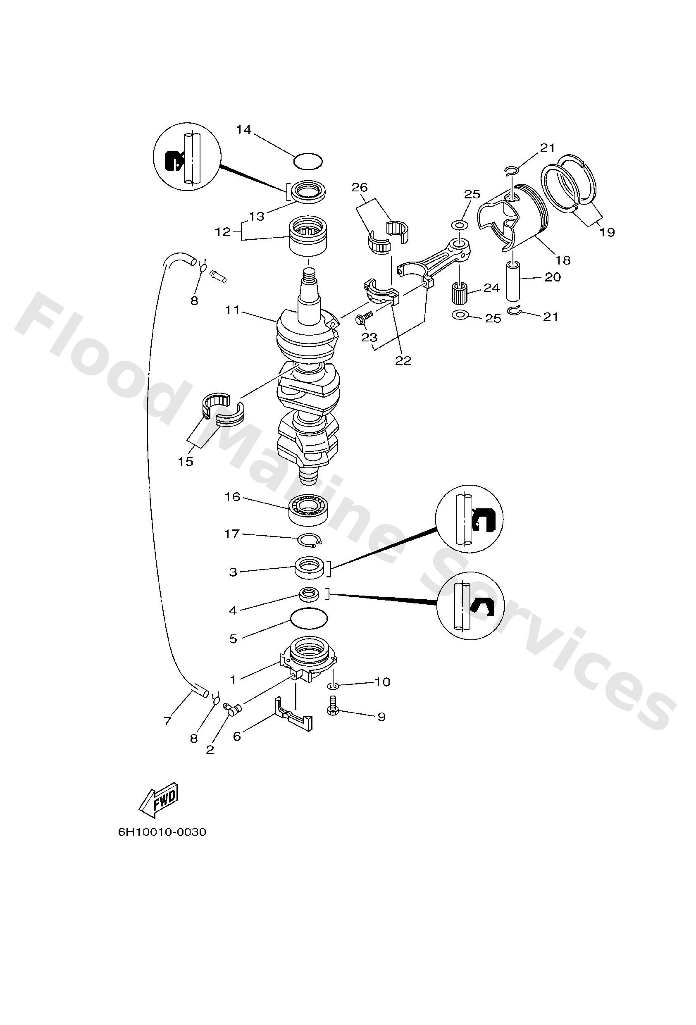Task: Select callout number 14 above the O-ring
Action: click(243, 130)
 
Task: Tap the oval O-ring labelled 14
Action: click(308, 161)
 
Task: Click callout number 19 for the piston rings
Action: click(607, 232)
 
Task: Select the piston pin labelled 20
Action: click(514, 281)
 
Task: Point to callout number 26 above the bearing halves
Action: click(360, 188)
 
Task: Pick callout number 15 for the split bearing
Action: click(186, 461)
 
